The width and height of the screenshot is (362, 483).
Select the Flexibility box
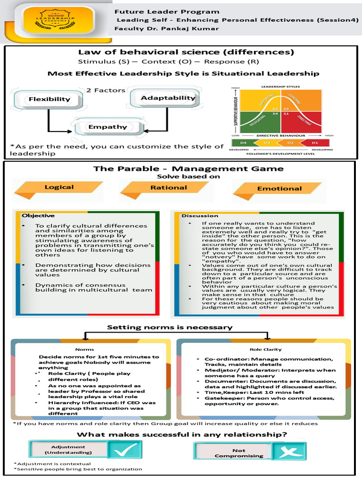(x=49, y=99)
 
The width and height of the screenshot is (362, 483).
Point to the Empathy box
(x=107, y=126)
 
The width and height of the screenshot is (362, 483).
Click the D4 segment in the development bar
(x=244, y=142)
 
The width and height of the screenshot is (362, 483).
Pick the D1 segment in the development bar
(x=314, y=142)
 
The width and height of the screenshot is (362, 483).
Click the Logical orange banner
(x=59, y=187)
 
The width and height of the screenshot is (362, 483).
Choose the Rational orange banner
(x=168, y=187)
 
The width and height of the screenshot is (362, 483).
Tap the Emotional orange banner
(x=279, y=188)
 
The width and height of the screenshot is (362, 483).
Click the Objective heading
(x=34, y=216)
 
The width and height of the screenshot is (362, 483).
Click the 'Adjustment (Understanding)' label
(x=68, y=450)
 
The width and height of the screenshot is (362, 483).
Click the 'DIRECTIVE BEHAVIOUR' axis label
(x=280, y=135)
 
